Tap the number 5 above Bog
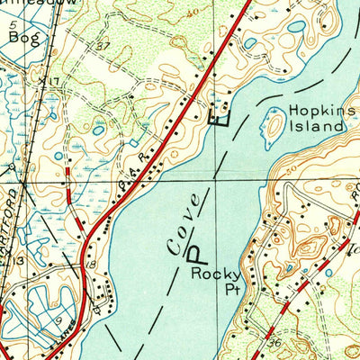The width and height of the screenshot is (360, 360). coord(13,25)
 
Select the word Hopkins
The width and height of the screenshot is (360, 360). coord(315,111)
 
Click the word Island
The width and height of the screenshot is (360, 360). coord(317,126)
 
